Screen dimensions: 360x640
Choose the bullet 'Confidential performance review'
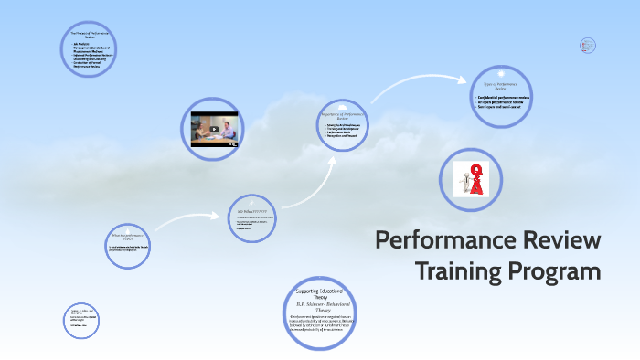pos(503,97)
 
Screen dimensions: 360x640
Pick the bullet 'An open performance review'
pos(499,102)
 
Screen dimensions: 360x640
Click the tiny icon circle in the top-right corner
pos(588,44)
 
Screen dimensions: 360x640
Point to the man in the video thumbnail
pos(229,127)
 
